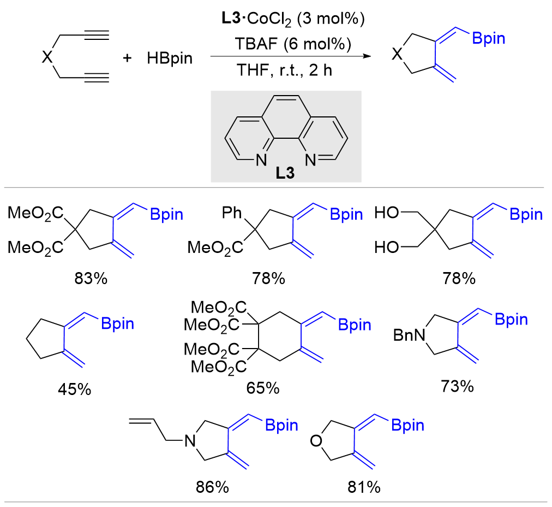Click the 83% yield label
(x=92, y=279)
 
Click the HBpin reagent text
(x=170, y=58)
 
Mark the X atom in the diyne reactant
(x=47, y=57)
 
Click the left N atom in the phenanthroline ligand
(x=260, y=160)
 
